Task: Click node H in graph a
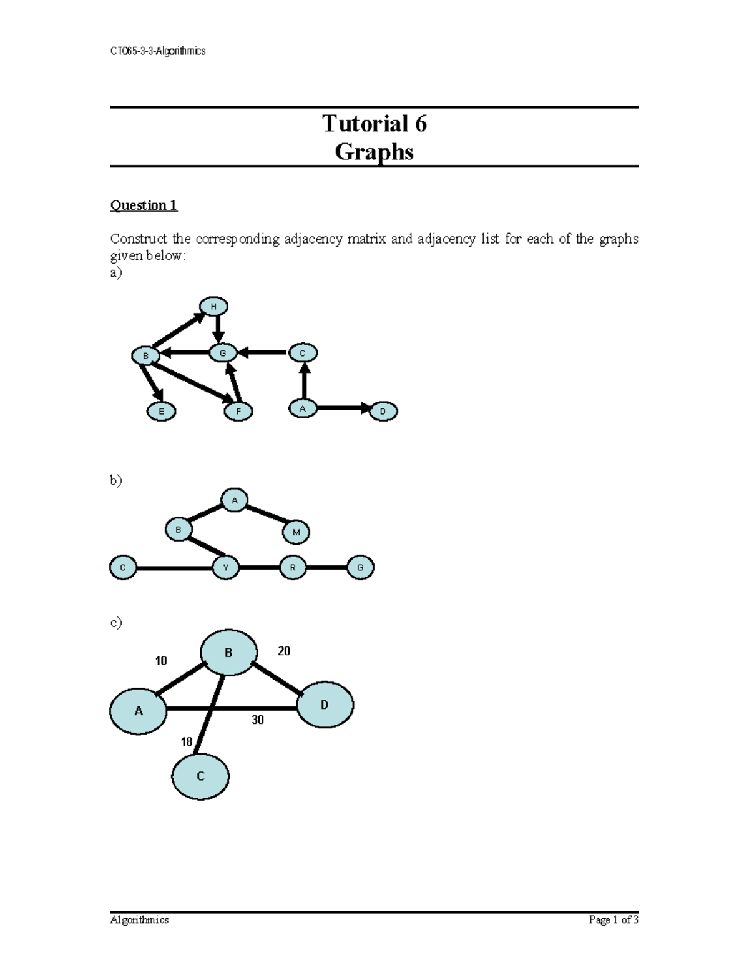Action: [x=213, y=307]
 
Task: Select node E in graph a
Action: [x=161, y=412]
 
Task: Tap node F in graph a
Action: [x=238, y=412]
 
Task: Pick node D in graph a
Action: [x=383, y=412]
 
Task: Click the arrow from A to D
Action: [x=343, y=408]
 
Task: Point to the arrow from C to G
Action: [x=262, y=353]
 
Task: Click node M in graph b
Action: [x=296, y=532]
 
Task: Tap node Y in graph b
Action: [x=226, y=568]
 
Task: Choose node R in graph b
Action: [x=293, y=568]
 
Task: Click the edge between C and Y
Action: [x=175, y=568]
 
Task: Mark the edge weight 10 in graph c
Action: [x=161, y=661]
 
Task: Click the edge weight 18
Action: [x=186, y=742]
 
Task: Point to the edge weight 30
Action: [x=258, y=720]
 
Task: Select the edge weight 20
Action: [x=284, y=651]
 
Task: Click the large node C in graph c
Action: [x=200, y=776]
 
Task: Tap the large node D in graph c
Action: [x=325, y=705]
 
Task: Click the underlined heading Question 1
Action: [x=144, y=205]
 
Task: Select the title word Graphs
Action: [x=374, y=152]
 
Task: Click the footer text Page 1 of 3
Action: [x=614, y=919]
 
